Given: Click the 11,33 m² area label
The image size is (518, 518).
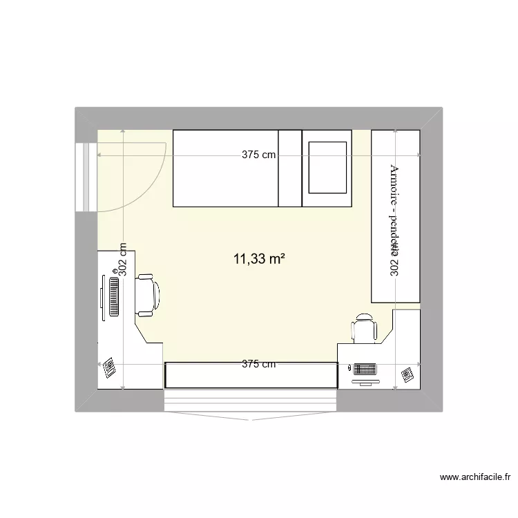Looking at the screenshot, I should pos(260,260).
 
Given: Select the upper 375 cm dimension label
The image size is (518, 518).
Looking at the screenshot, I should pos(258,155).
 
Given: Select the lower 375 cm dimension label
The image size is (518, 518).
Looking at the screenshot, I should pos(258,364).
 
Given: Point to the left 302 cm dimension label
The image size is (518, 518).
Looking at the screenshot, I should pos(123,260).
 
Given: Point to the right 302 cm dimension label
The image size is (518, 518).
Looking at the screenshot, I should pos(395,260).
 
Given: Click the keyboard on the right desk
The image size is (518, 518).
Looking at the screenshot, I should pos(365,368).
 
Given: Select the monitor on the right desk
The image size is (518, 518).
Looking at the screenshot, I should pos(365,379).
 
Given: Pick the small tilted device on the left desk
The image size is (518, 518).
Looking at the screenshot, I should pos(109,367).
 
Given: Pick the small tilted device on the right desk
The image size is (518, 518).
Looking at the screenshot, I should pos(406,375).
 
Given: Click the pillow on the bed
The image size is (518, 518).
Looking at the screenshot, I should pos(327,167).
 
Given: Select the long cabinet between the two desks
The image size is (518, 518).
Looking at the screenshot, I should pos(251,375).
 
